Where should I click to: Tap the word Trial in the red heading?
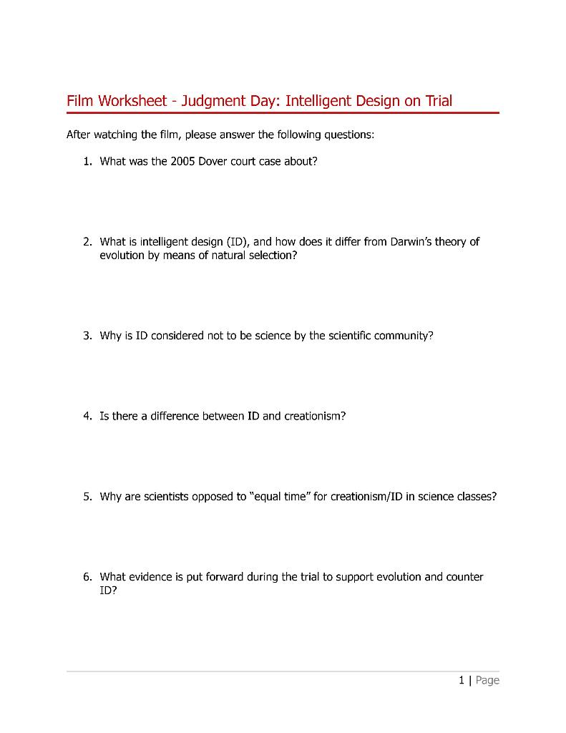[x=439, y=101]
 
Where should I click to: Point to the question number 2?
[x=86, y=242]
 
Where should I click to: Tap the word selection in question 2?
[x=270, y=256]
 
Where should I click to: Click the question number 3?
[x=86, y=336]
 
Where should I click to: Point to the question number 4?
[x=86, y=416]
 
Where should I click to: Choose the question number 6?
[x=86, y=577]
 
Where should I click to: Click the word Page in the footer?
[x=487, y=680]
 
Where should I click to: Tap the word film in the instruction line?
[x=157, y=135]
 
